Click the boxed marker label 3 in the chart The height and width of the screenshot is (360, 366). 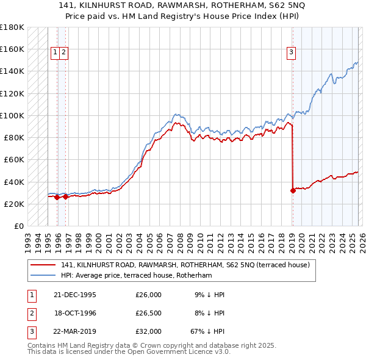pyautogui.click(x=292, y=53)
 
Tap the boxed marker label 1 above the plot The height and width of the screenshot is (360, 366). pyautogui.click(x=55, y=53)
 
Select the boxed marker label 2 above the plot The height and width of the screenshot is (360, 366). pyautogui.click(x=63, y=53)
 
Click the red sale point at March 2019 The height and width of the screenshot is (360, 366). pyautogui.click(x=293, y=190)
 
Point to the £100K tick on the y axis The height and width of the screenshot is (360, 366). pyautogui.click(x=12, y=115)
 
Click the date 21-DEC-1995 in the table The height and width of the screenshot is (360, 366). pyautogui.click(x=75, y=295)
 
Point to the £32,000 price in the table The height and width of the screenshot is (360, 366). pyautogui.click(x=148, y=333)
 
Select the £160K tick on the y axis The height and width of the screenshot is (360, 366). pyautogui.click(x=12, y=49)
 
